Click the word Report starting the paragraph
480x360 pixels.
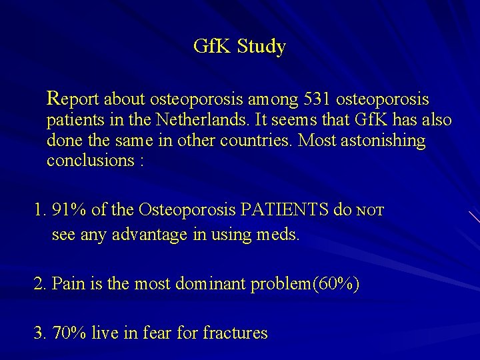73,99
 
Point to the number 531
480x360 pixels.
317,99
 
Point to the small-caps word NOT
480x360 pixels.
371,212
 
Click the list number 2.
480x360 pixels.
39,284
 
